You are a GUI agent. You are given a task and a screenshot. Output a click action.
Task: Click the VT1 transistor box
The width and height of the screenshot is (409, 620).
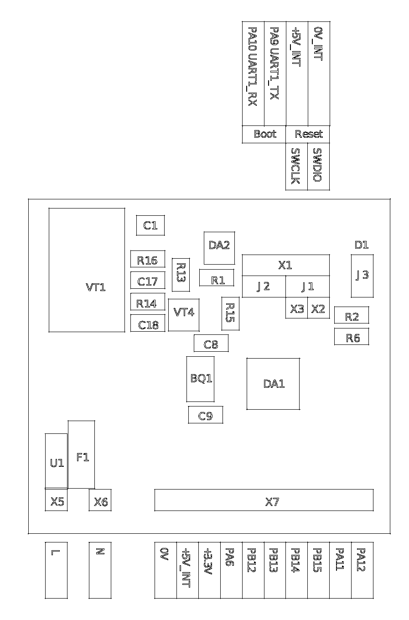pos(87,270)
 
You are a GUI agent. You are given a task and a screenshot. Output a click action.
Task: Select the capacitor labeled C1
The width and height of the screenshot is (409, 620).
pos(150,225)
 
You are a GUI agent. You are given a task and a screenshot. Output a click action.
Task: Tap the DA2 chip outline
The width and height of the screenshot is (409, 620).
pos(219,248)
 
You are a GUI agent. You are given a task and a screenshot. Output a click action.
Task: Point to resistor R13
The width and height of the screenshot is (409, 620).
pos(180,275)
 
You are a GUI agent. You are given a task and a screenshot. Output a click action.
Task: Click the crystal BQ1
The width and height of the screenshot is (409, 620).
pos(200,379)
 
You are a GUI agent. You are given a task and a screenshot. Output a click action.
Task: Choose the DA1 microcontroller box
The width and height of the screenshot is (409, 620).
pos(273,384)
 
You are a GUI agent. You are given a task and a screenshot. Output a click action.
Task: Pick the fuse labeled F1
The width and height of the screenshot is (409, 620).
pos(82,454)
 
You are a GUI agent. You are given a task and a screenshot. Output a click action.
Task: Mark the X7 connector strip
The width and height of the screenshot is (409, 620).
pos(264,500)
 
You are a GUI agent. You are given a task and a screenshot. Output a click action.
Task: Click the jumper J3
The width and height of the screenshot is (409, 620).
pos(362,276)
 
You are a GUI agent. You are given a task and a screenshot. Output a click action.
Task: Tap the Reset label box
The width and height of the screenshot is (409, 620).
pos(307,134)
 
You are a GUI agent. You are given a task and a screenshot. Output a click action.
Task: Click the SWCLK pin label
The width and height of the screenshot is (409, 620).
pos(296,167)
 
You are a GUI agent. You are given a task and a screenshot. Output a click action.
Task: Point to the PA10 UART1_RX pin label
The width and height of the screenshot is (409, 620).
pos(253,73)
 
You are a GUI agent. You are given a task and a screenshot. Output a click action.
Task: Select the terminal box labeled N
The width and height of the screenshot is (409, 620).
pos(100,570)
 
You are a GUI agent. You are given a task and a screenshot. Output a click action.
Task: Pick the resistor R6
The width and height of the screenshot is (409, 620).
pos(351,337)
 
